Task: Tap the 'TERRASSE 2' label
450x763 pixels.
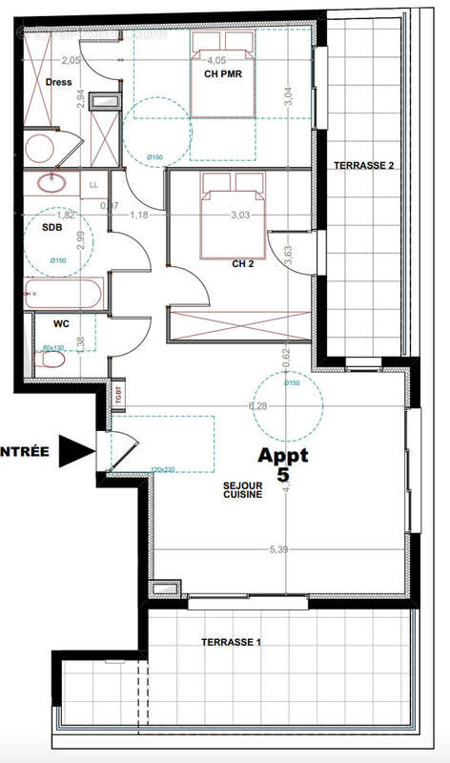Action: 363,166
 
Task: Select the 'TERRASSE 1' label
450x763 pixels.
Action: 231,642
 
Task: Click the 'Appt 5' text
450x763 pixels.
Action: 283,464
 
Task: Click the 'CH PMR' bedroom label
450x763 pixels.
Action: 221,73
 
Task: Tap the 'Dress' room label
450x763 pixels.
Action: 58,82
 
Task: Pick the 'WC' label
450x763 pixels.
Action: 47,323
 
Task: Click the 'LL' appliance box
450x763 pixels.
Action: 93,184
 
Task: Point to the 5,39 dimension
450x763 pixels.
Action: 278,549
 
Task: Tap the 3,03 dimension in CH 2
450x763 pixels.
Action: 240,216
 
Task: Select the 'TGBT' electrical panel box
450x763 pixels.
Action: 119,394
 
